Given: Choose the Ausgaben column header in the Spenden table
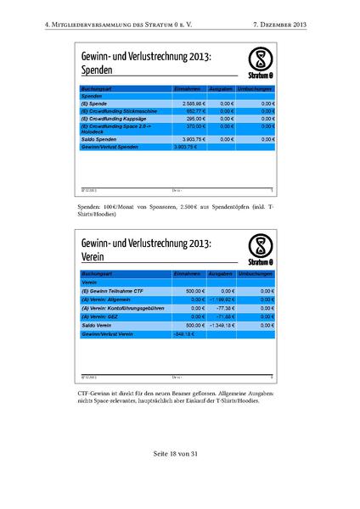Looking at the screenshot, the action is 219,88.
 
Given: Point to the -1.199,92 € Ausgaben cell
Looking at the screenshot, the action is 217,299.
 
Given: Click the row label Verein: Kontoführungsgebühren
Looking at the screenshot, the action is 125,307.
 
